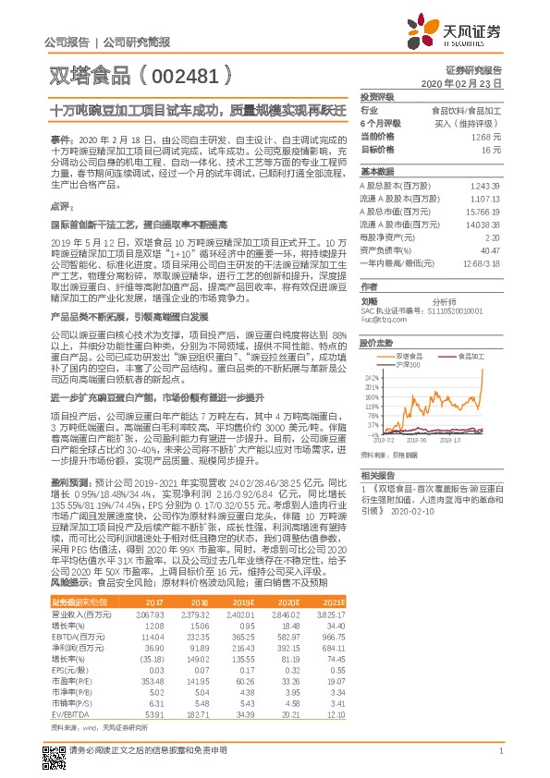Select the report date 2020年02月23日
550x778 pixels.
tap(459, 83)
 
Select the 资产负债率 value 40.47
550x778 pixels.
tap(489, 249)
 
